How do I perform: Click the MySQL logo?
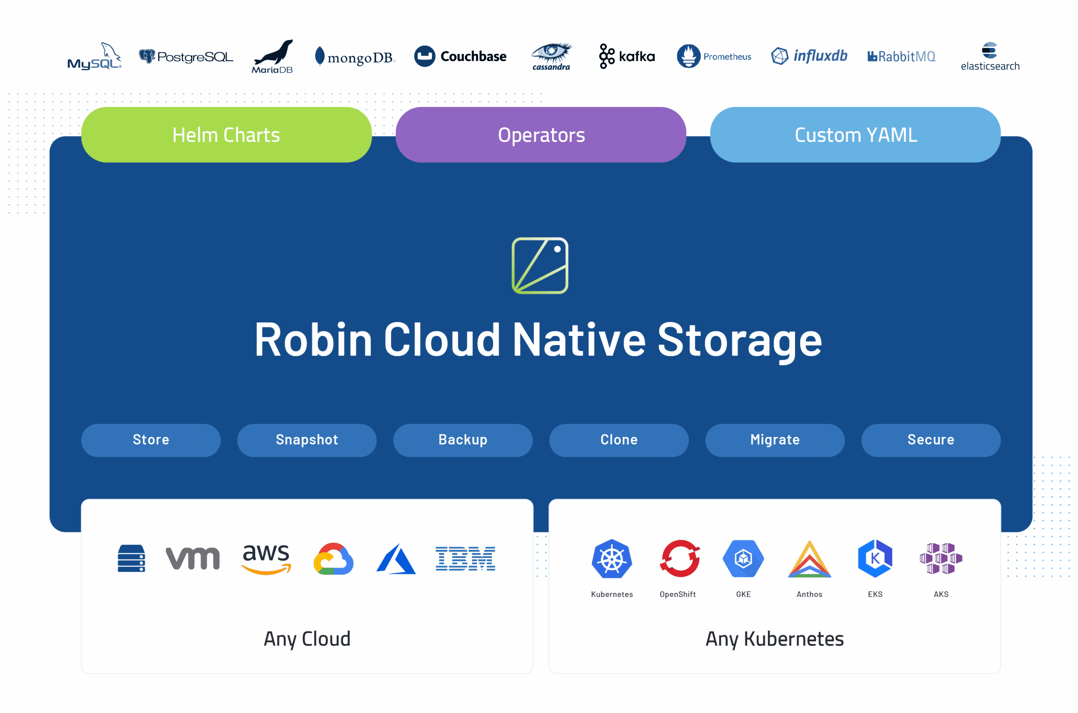(95, 56)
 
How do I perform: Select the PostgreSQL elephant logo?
(147, 56)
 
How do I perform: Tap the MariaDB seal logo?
(273, 56)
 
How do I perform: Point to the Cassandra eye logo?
(552, 56)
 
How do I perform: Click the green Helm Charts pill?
(227, 135)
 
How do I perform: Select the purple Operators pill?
(541, 135)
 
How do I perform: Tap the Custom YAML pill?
(856, 135)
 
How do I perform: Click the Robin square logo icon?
(540, 266)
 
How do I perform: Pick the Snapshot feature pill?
(307, 440)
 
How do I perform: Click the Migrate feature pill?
(775, 440)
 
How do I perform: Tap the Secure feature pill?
(931, 440)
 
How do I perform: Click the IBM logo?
(465, 559)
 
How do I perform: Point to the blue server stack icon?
(131, 559)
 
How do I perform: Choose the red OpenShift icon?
(680, 559)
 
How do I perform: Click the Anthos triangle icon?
(810, 559)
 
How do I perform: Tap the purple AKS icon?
(941, 559)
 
